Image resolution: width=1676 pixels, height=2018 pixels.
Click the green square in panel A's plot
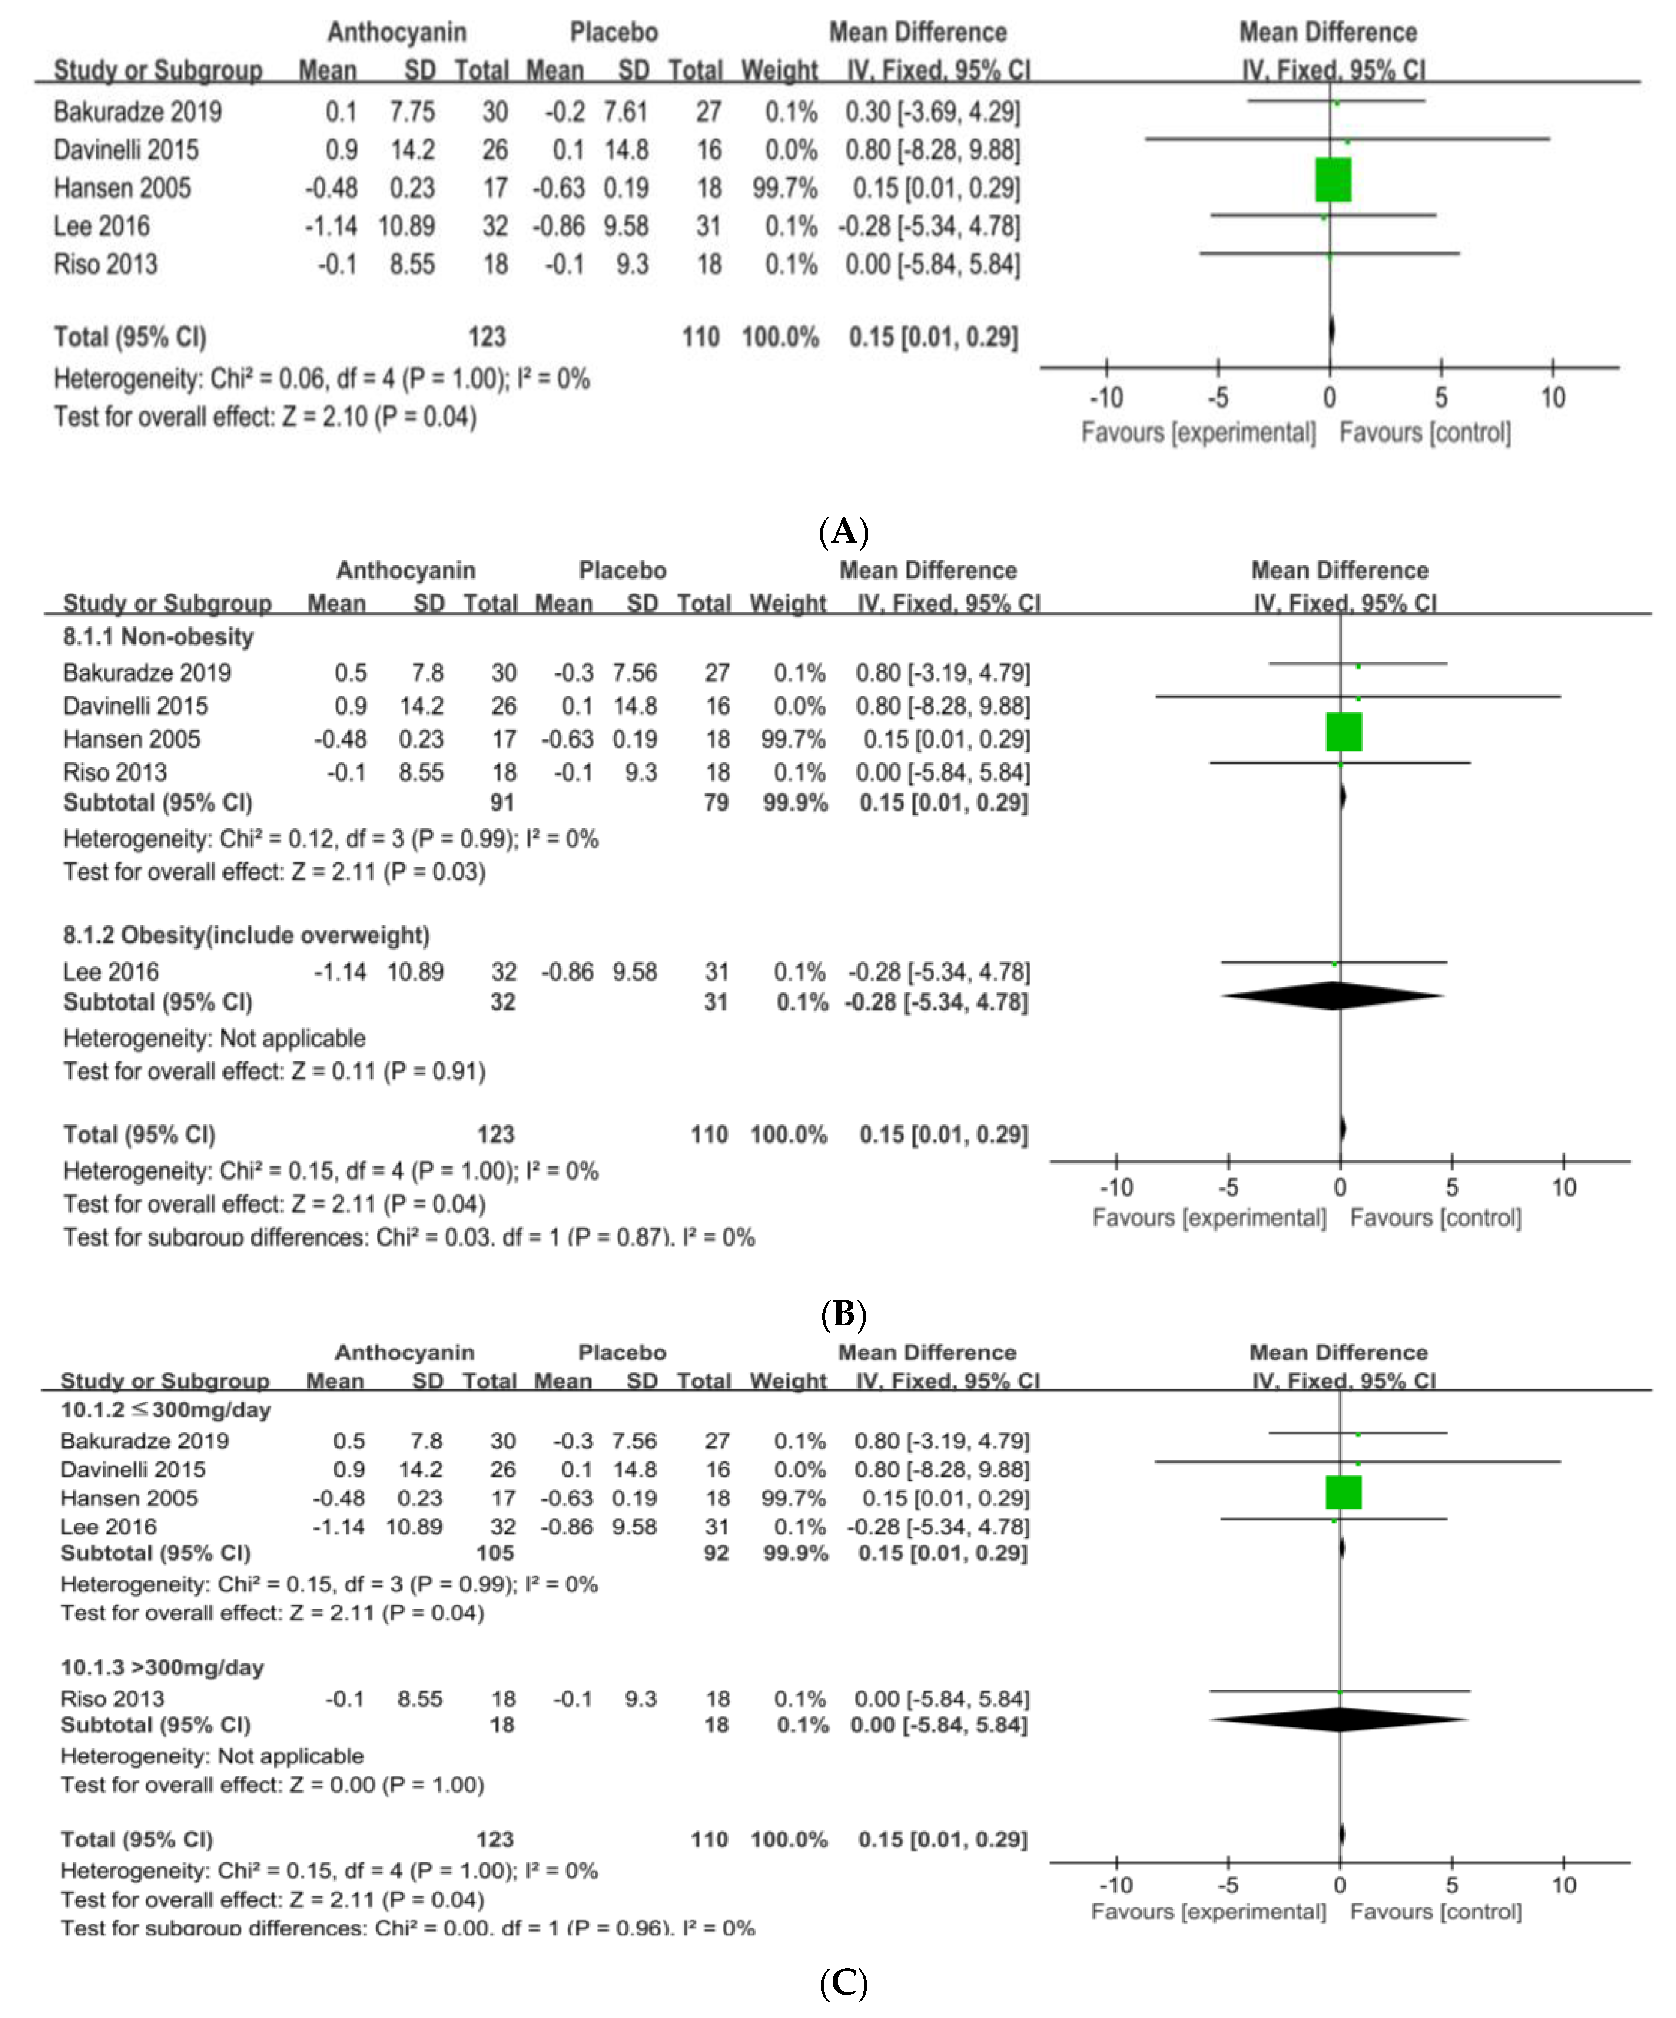point(1333,180)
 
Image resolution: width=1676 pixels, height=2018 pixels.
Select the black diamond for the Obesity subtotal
point(1333,996)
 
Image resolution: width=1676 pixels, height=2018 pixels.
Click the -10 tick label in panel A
point(1105,398)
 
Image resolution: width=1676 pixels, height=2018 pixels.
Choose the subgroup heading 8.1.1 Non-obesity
point(159,637)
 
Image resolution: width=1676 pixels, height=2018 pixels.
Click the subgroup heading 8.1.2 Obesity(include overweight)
point(246,935)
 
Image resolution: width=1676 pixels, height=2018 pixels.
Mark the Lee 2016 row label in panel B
point(110,971)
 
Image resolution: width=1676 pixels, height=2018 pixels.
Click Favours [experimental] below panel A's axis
point(1198,432)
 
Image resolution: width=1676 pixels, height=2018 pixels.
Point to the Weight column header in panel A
point(780,70)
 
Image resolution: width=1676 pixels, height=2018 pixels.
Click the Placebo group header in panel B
point(622,571)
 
